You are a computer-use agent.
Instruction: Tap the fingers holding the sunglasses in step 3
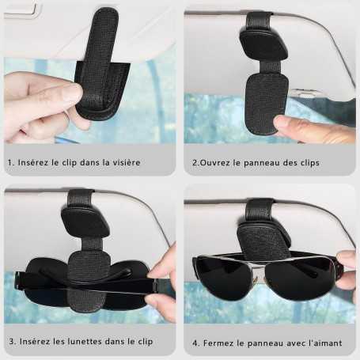(162, 281)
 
